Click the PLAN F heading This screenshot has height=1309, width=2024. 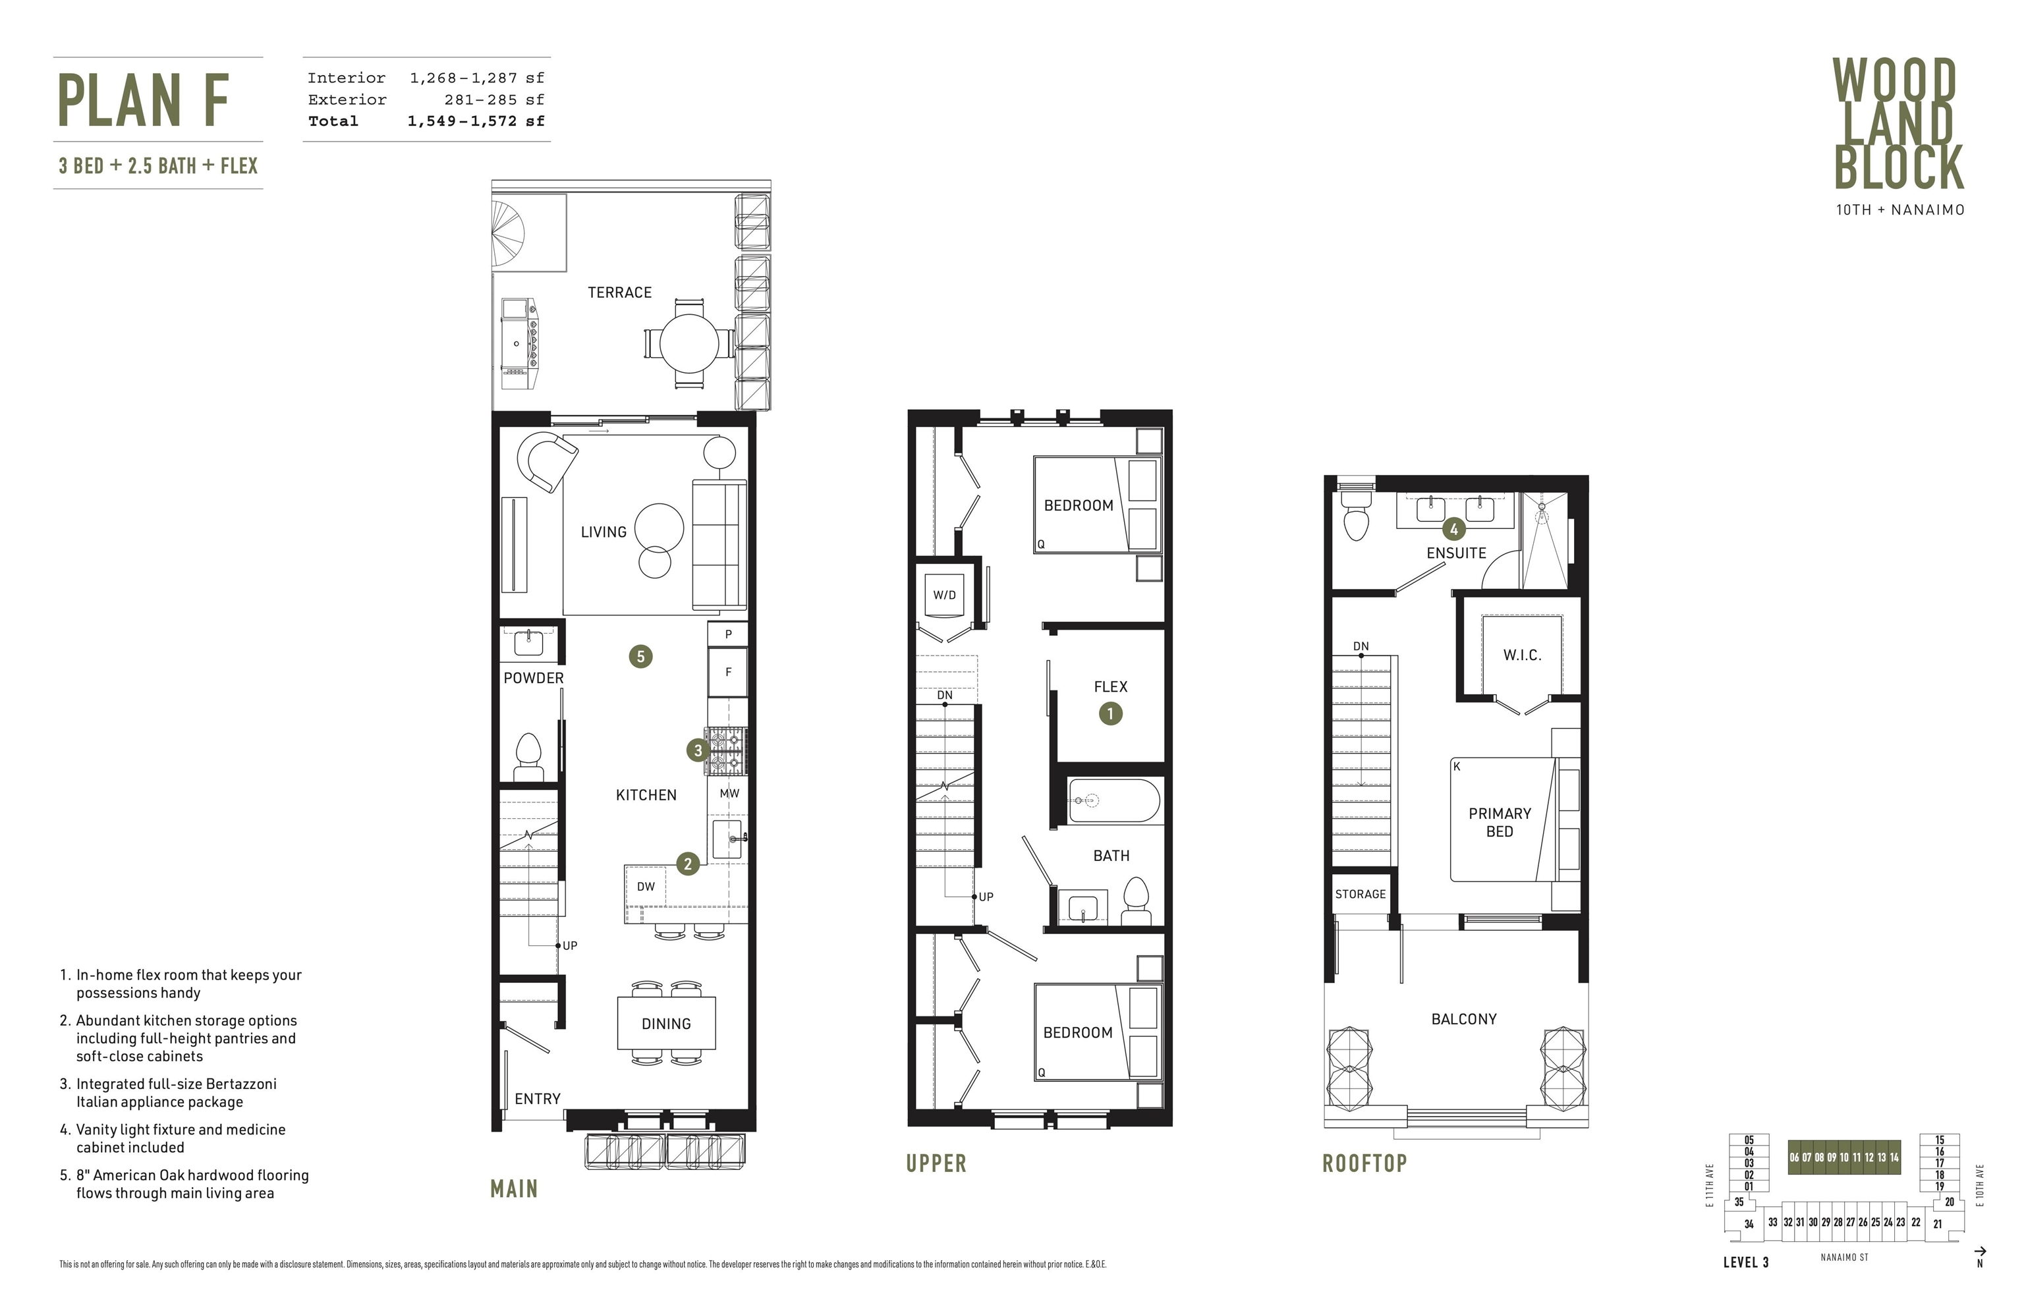pos(144,100)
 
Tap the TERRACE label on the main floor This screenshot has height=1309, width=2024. pos(620,292)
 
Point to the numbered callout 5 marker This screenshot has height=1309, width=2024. pos(641,656)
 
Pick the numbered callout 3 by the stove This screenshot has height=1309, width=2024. pos(698,750)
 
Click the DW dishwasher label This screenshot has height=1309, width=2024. pos(646,887)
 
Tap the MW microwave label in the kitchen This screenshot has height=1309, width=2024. pos(729,793)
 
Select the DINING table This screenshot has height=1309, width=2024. pos(667,1023)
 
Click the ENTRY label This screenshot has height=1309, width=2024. pos(537,1099)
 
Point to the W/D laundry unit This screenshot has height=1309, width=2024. pos(944,595)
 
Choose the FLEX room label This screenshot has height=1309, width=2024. pos(1111,687)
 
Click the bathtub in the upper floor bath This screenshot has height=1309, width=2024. pos(1113,800)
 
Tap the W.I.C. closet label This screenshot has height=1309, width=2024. pos(1521,655)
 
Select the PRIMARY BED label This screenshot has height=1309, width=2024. pos(1500,822)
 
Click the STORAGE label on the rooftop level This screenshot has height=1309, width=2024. pos(1360,894)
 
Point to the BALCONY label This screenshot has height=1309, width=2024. pos(1464,1019)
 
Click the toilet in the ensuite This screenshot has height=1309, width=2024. pos(1356,516)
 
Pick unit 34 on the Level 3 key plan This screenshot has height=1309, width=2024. pos(1749,1224)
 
